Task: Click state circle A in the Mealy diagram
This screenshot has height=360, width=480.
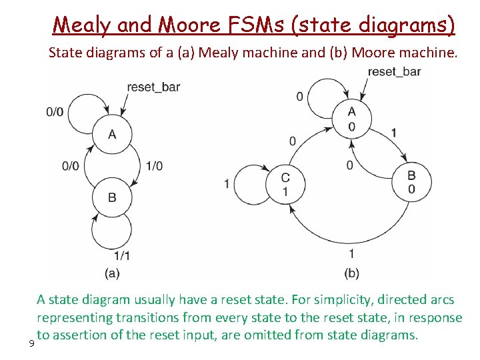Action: pos(112,135)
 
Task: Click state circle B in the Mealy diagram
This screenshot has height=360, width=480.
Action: pos(112,197)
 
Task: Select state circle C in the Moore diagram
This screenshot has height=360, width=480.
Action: pos(285,184)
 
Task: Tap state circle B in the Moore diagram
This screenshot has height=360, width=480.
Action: pos(411,182)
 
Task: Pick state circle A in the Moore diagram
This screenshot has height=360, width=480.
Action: pos(351,119)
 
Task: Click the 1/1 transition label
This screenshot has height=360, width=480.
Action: pos(122,255)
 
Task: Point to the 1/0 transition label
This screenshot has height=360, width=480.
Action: pos(153,166)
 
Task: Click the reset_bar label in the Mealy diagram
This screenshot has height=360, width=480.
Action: pos(153,87)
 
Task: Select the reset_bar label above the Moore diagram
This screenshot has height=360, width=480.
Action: pos(394,71)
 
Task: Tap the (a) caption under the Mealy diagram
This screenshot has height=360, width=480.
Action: pos(112,273)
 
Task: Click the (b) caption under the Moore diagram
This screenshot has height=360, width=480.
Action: pos(351,273)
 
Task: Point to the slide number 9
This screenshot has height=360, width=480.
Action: pos(31,343)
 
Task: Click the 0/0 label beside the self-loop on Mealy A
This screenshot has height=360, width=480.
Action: pos(55,112)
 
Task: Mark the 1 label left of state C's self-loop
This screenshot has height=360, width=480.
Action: pos(227,183)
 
